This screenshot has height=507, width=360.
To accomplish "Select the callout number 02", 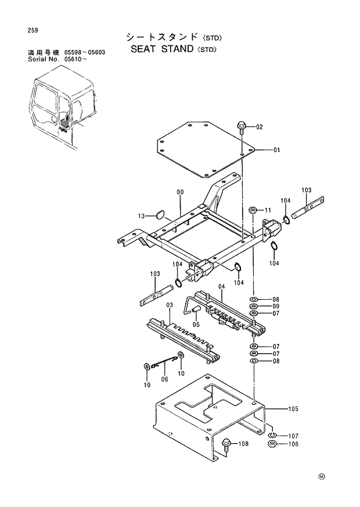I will point(259,127).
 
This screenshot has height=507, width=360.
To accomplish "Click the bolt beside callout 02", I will point(242,126).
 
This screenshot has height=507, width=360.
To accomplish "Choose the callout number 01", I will point(276,150).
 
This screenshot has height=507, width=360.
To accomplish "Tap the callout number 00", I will point(180,192).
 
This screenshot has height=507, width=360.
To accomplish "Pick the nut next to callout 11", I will point(253,210).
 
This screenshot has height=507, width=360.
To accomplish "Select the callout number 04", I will point(221,286).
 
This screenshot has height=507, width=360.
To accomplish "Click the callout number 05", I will point(196,324).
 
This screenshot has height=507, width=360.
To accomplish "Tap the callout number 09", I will point(276,307).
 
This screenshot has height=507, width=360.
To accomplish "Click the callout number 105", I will point(292,409).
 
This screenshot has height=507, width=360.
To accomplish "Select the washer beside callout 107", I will point(272,435).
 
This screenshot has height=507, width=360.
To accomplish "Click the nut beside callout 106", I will point(272,445).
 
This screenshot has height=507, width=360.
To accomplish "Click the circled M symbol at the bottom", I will point(321,477).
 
